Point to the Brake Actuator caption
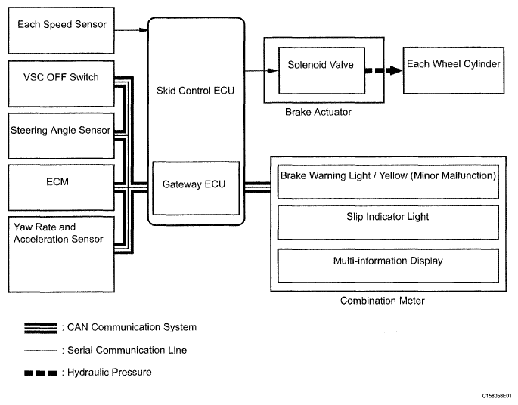point(318,112)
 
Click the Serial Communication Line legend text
point(126,350)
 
